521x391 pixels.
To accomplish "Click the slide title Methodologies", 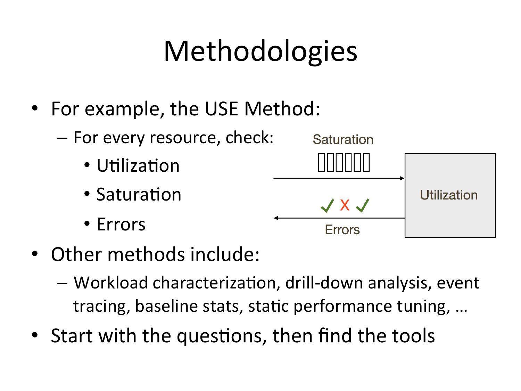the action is point(260,52).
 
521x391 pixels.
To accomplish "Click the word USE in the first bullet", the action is point(221,109).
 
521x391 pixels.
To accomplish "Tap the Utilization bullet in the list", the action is point(138,165).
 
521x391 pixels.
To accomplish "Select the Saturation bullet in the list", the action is point(139,194).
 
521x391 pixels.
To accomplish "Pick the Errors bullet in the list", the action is point(121,224).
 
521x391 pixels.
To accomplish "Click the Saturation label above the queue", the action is point(343,139).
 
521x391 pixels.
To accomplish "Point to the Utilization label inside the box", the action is point(449,195).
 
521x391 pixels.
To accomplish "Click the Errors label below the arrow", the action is point(342,230).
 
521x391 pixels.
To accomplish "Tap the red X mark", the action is point(345,205).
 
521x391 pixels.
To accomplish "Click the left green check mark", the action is point(327,205).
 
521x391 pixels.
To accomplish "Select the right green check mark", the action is point(363,205).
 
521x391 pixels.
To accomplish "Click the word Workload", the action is point(111,283).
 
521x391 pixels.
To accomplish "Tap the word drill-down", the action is point(324,283).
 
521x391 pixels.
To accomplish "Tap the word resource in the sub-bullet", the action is point(185,138).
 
